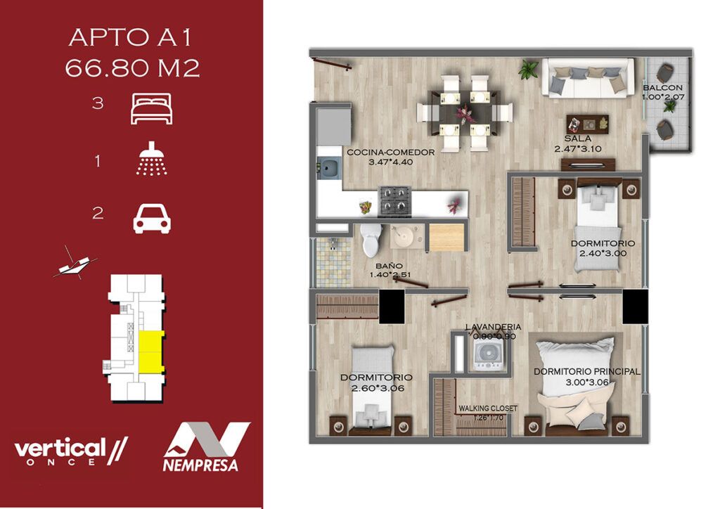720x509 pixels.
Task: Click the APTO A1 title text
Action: point(130,37)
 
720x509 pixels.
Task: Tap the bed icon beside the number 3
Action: point(152,108)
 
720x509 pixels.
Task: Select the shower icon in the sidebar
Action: point(152,159)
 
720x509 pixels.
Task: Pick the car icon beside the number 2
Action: point(152,219)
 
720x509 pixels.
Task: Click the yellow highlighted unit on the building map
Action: point(151,351)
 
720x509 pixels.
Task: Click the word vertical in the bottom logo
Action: point(60,448)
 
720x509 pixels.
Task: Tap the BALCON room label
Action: point(662,87)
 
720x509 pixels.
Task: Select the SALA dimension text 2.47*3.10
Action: point(578,149)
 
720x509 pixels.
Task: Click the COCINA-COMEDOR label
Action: point(390,153)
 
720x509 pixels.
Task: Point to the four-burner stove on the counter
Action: point(394,201)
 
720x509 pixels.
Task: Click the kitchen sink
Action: point(329,168)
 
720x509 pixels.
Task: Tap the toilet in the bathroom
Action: point(371,240)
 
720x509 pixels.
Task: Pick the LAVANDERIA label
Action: point(493,327)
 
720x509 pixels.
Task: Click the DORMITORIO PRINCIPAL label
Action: point(587,371)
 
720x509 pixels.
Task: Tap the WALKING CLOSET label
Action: point(488,408)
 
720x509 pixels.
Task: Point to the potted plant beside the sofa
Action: point(529,69)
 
